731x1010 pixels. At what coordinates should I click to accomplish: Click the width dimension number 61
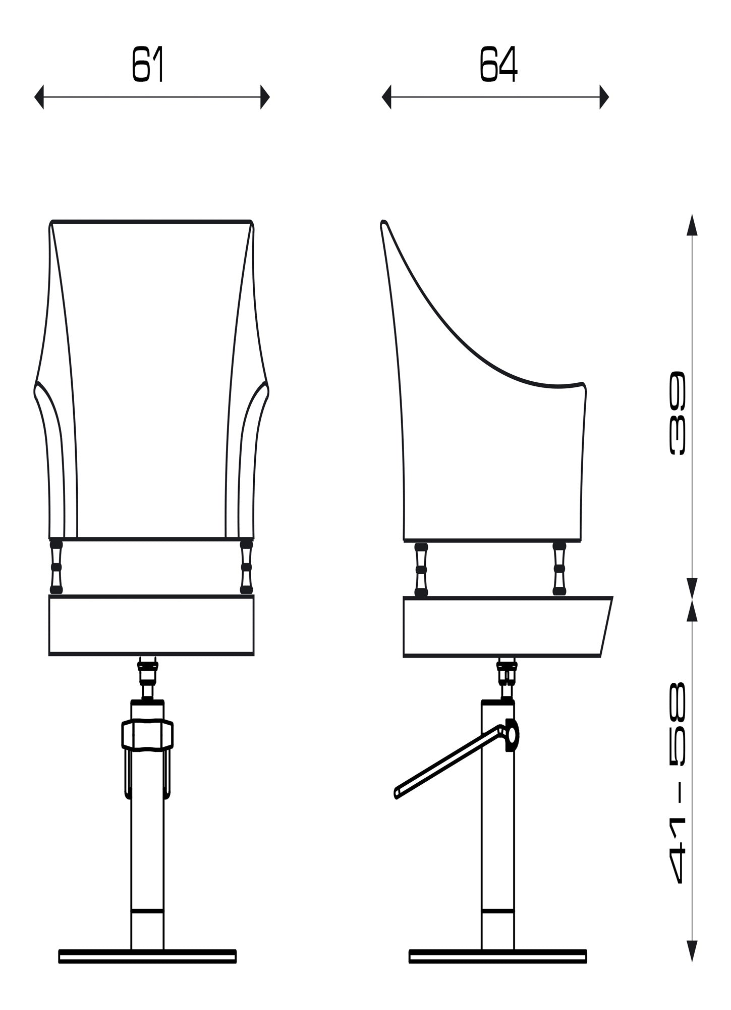148,64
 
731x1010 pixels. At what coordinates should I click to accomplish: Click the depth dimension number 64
498,64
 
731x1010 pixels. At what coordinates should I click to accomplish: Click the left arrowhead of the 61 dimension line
39,96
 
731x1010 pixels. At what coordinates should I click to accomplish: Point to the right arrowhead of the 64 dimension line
604,96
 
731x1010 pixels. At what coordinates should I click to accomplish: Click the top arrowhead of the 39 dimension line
692,225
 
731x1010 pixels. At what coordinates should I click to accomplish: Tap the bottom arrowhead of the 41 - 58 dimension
692,950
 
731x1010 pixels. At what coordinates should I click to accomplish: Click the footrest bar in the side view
449,762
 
